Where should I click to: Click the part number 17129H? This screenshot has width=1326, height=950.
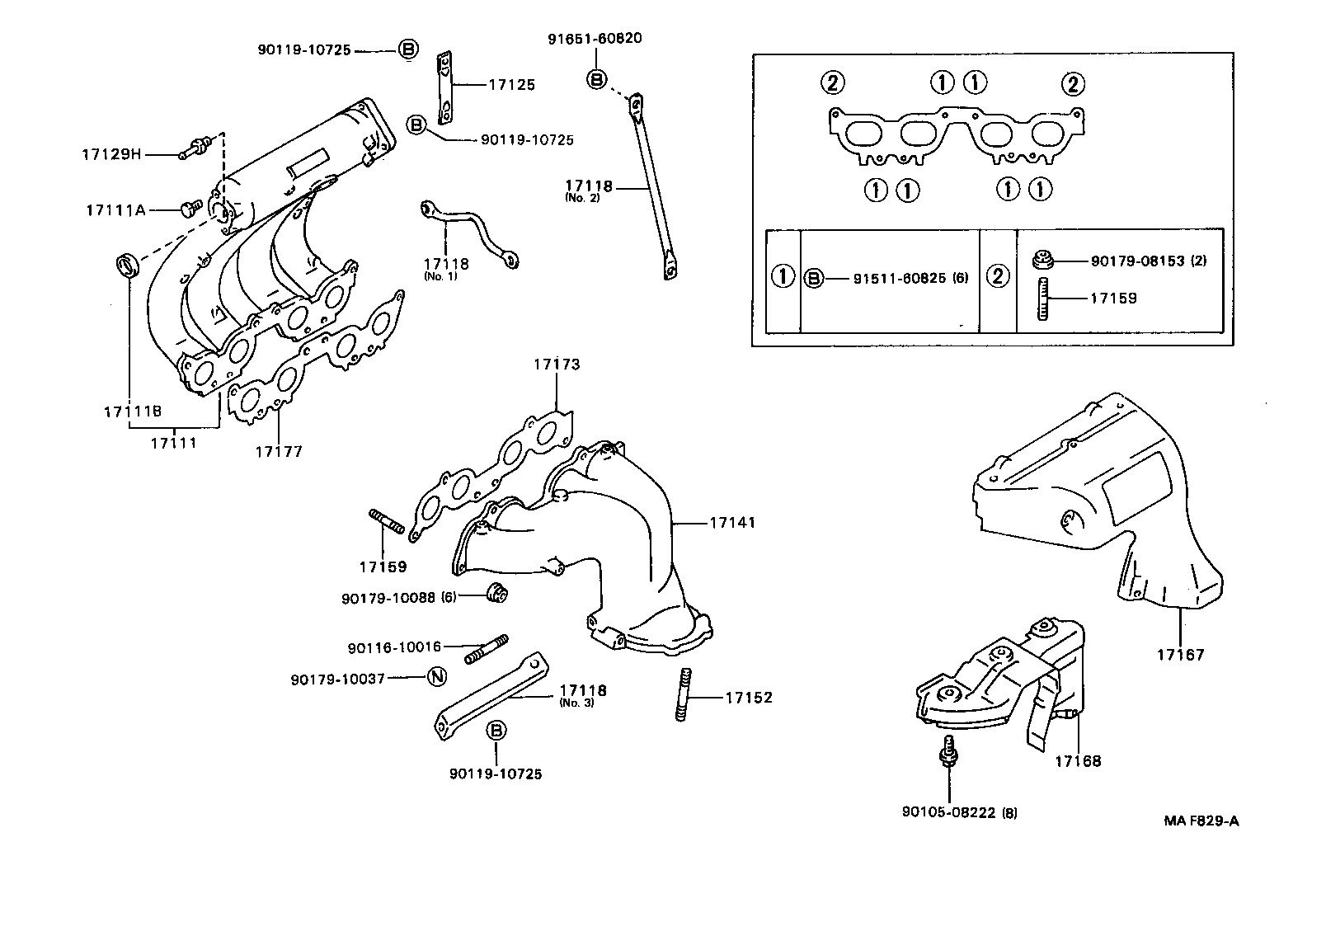[x=111, y=154]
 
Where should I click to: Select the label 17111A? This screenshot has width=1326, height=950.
[x=115, y=210]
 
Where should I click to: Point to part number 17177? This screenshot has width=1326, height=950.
[x=278, y=451]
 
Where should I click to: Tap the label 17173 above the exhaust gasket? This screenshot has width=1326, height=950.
[x=557, y=364]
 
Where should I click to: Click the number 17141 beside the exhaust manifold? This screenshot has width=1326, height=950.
[x=731, y=522]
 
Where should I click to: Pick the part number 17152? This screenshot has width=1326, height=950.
[x=749, y=698]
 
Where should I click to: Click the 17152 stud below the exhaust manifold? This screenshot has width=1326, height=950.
[x=683, y=696]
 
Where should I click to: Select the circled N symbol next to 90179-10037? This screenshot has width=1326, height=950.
[x=437, y=678]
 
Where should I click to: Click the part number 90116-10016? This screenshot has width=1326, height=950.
[x=394, y=647]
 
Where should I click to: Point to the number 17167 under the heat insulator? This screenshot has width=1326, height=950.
[x=1180, y=655]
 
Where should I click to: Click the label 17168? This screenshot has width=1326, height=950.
[x=1077, y=761]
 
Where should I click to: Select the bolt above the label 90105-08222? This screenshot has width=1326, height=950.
[x=947, y=754]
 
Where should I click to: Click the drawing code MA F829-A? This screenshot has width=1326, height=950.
[x=1201, y=821]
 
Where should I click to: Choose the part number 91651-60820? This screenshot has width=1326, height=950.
[x=595, y=38]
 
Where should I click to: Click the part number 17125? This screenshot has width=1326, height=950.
[x=511, y=84]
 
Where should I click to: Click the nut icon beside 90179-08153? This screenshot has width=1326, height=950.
[x=1042, y=261]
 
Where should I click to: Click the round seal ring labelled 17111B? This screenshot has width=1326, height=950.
[x=125, y=266]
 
